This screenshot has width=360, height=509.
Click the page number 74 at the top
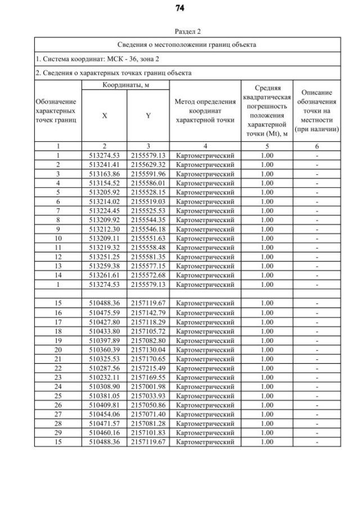[180, 8]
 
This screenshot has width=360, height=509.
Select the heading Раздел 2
[179, 31]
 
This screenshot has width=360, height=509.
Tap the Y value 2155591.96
[148, 174]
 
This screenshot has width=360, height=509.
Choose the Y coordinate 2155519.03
[148, 201]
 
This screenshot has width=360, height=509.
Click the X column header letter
[105, 115]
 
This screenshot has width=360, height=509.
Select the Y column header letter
[148, 115]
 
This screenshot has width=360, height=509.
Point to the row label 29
[58, 433]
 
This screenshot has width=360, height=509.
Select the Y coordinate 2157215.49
[148, 368]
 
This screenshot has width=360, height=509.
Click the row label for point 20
[58, 349]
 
